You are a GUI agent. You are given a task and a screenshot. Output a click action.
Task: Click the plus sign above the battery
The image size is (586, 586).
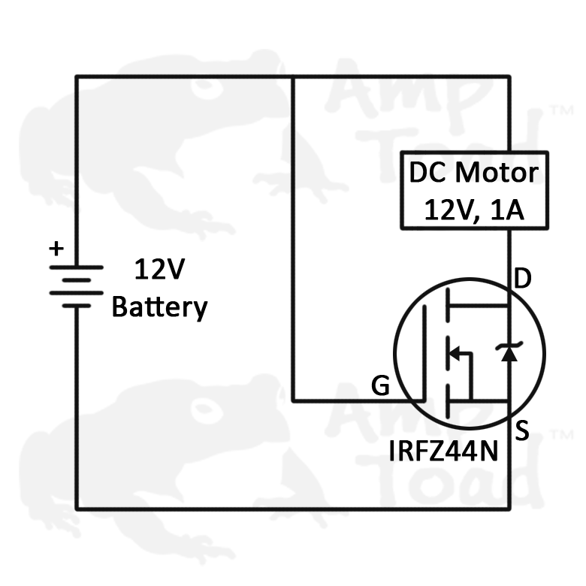(x=56, y=249)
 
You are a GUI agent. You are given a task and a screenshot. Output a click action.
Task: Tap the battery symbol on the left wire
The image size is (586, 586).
(x=76, y=286)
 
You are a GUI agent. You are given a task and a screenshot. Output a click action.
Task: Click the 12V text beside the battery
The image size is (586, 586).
(x=159, y=269)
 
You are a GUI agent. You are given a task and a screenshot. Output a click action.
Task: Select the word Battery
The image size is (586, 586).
(x=159, y=307)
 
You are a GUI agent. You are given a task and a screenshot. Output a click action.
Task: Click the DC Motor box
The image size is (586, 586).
(x=473, y=191)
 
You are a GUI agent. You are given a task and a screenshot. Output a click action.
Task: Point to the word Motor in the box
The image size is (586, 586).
(x=497, y=173)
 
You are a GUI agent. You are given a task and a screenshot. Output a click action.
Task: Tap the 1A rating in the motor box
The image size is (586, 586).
(x=505, y=210)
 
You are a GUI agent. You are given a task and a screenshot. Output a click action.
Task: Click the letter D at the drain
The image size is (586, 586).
(x=523, y=279)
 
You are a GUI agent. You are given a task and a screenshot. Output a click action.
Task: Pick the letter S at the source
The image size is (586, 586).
(x=523, y=430)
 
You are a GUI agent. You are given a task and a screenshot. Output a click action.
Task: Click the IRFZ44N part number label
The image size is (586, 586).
(x=445, y=452)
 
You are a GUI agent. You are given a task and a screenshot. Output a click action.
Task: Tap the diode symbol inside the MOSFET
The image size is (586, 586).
(x=509, y=352)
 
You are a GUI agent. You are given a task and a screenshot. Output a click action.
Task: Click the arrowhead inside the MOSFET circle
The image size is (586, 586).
(x=454, y=352)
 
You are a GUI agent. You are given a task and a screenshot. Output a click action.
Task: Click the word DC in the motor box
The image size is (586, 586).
(x=423, y=173)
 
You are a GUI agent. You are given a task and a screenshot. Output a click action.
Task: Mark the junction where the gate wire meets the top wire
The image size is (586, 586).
(x=292, y=76)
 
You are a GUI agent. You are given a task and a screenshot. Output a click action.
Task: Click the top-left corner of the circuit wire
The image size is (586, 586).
(x=76, y=76)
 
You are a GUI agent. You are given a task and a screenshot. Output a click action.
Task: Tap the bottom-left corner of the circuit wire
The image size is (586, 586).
(x=76, y=509)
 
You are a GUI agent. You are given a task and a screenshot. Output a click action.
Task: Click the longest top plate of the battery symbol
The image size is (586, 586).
(x=76, y=267)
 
